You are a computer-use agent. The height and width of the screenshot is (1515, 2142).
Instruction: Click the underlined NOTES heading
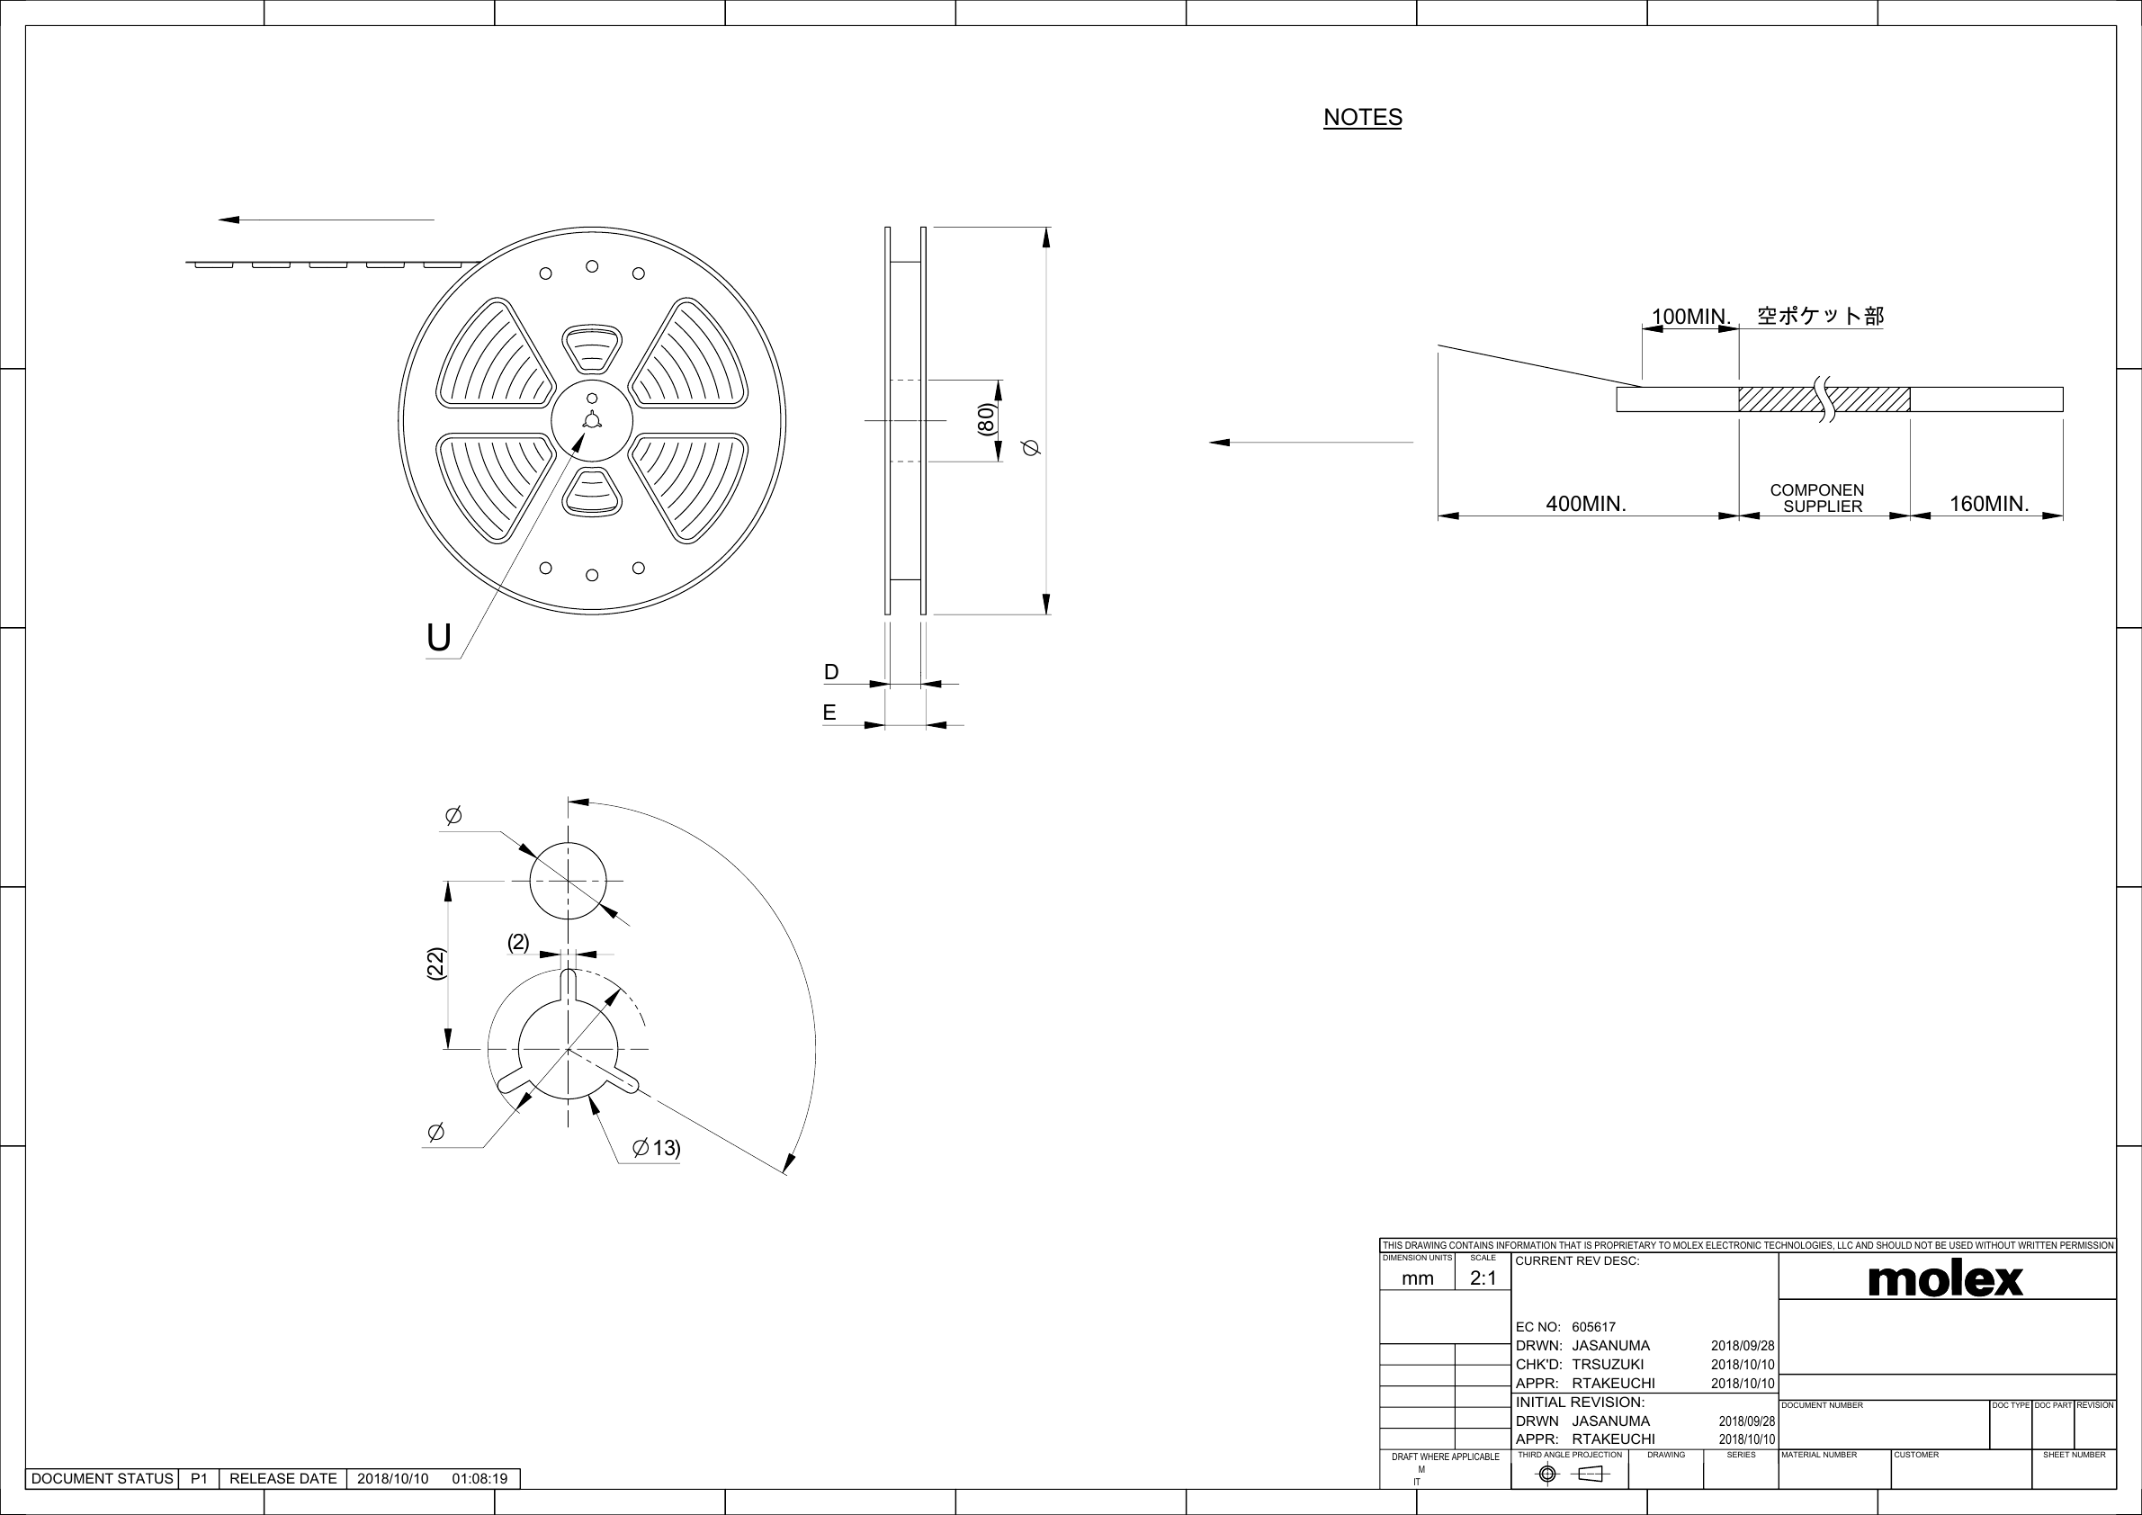pos(1362,118)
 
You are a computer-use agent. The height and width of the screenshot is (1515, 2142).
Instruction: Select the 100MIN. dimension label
pos(1690,317)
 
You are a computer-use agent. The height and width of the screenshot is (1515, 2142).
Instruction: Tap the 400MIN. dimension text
pos(1586,504)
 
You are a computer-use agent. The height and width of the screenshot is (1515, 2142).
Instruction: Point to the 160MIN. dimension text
pos(1989,504)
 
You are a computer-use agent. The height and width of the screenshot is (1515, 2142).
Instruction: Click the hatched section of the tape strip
pos(1782,399)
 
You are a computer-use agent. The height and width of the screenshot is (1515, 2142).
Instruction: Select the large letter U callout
pos(438,638)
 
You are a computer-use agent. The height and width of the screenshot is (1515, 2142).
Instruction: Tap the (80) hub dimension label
pos(986,420)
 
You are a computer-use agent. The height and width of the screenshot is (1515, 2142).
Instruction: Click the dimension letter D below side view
pos(831,672)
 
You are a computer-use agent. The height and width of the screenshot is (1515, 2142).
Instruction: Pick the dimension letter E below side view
pos(829,713)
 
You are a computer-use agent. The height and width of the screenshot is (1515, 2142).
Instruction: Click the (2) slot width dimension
pos(518,942)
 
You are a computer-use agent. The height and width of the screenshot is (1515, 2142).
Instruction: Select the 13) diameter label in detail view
pos(665,1147)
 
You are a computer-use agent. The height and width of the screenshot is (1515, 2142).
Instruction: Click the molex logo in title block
pos(1945,1280)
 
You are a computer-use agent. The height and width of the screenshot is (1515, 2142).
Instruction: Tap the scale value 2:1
pos(1483,1278)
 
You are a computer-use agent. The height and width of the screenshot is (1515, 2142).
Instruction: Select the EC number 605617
pos(1593,1327)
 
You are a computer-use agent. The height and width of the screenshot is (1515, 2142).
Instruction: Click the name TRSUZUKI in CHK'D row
pos(1608,1364)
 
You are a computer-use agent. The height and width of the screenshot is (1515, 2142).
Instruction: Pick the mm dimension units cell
pos(1417,1278)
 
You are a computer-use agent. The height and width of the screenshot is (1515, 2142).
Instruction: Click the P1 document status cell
pos(199,1479)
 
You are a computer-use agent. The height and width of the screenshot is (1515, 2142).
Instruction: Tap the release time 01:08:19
pos(479,1479)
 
